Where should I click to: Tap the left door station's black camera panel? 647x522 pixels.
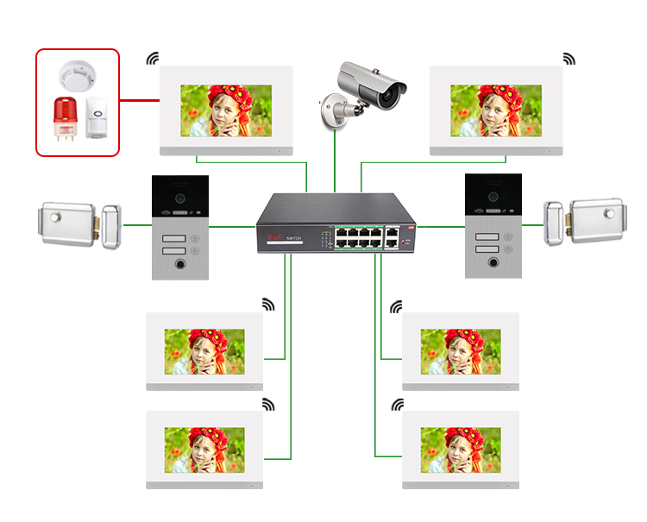[179, 198]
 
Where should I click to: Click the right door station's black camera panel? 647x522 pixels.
[493, 198]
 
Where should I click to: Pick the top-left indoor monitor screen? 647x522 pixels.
[226, 110]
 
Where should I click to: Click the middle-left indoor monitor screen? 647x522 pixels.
[204, 351]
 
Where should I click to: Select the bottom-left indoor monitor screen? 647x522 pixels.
[204, 450]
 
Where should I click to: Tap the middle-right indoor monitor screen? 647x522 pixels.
[461, 351]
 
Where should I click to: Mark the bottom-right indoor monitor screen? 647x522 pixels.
[461, 450]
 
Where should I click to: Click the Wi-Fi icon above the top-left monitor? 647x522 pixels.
[153, 59]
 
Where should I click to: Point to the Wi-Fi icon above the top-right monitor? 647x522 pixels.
[568, 59]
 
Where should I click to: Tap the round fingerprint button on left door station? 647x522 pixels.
[179, 265]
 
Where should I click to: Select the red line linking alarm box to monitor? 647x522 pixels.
[139, 100]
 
